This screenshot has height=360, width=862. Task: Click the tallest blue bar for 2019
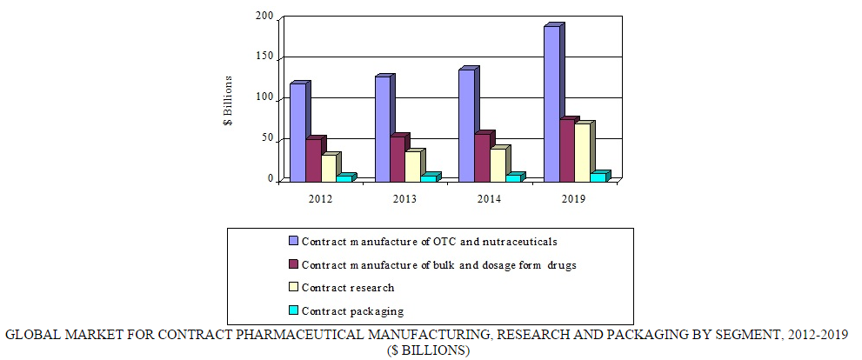[552, 104]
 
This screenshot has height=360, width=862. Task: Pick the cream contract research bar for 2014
[498, 165]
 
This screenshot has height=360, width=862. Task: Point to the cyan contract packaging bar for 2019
[598, 177]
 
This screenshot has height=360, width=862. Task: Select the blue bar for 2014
[467, 125]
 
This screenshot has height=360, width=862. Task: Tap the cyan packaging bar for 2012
[344, 178]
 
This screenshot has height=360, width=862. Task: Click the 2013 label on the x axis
[404, 199]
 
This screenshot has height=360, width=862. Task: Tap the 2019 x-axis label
[574, 199]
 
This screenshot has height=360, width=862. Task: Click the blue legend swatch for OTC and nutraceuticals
[293, 241]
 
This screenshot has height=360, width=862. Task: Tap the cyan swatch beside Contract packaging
[293, 310]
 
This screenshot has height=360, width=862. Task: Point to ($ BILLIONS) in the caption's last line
[430, 350]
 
